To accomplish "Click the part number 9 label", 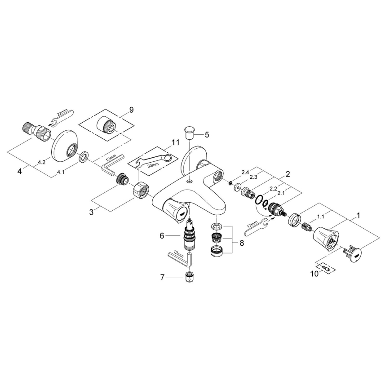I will [x=131, y=109].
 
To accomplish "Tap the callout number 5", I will [x=207, y=134].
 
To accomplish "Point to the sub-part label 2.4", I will [x=245, y=173].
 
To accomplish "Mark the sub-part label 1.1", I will [x=320, y=216].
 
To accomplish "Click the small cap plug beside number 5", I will [x=189, y=133].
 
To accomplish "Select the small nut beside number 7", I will [x=190, y=277].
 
